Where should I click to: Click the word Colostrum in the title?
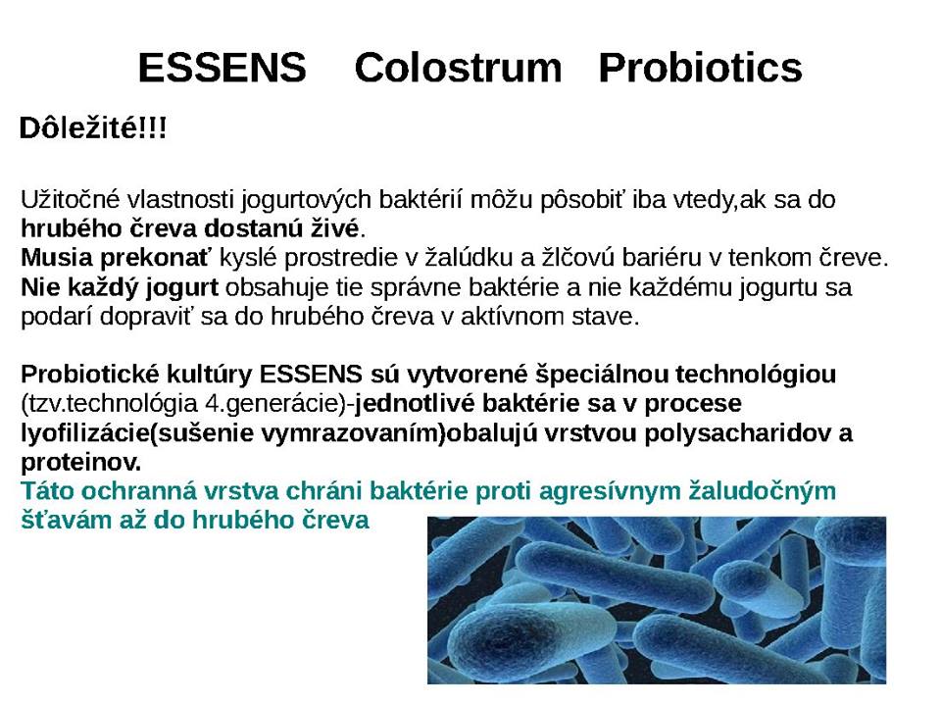(458, 68)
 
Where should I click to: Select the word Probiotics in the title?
(700, 68)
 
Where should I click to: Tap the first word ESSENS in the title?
(223, 68)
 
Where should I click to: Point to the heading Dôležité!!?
(93, 127)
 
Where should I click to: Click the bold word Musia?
(57, 258)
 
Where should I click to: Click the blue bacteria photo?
(657, 599)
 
